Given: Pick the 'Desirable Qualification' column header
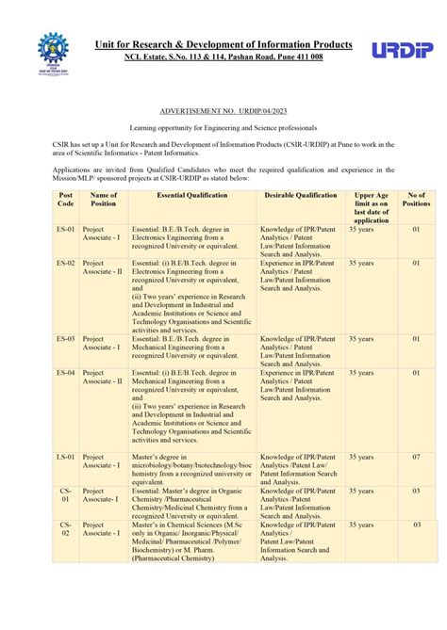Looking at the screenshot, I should click(300, 196).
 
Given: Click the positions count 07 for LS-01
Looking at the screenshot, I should click(415, 457).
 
